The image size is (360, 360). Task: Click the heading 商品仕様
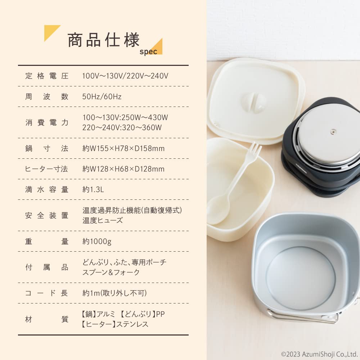[x=103, y=40]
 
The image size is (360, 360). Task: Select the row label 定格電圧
[x=47, y=76]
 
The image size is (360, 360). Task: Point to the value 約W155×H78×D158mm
[x=123, y=148]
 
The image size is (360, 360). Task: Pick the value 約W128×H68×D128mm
[x=123, y=169]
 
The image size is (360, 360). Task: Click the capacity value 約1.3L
[x=93, y=189]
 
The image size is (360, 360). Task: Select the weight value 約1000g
[x=97, y=241]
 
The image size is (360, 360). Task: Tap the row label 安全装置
[x=47, y=215]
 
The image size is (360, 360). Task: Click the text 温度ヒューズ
[x=103, y=220]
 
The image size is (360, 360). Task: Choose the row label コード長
[x=47, y=293]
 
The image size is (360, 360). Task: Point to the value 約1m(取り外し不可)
[x=114, y=293]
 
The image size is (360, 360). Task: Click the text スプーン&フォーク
[x=111, y=272]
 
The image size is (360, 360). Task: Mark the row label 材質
[x=47, y=319]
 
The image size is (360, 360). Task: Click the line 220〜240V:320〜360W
[x=122, y=127]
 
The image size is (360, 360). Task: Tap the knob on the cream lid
[x=253, y=103]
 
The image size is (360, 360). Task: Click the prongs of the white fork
[x=255, y=148]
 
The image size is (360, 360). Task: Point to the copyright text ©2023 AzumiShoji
[x=319, y=354]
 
